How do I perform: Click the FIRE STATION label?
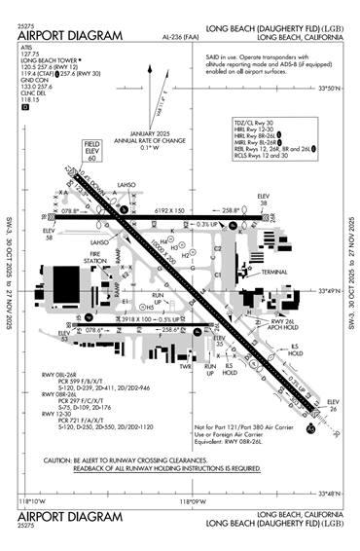pyautogui.click(x=95, y=258)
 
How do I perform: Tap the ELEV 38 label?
pyautogui.click(x=262, y=202)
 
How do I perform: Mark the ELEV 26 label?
pyautogui.click(x=332, y=405)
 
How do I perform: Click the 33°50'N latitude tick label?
pyautogui.click(x=332, y=116)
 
